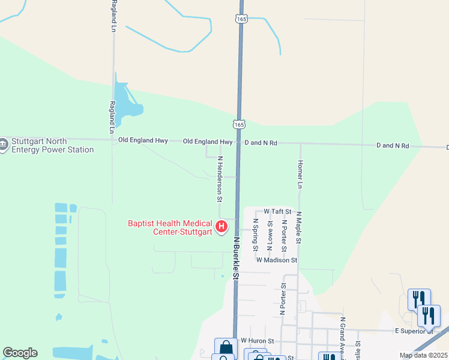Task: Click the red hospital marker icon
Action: pos(221,226)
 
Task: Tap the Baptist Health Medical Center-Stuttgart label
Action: pos(170,228)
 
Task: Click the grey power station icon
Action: pos(3,145)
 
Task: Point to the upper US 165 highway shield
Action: pos(241,19)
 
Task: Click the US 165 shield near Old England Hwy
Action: pos(238,124)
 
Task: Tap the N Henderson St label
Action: pos(220,179)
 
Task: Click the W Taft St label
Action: pos(277,212)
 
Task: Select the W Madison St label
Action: pos(277,260)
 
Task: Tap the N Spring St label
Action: pos(256,234)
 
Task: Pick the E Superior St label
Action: pos(413,331)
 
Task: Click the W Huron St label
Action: pos(257,340)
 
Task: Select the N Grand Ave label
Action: pos(343,336)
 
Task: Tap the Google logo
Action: pos(20,353)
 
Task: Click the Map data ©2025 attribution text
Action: pos(423,355)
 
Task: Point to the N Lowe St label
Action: pos(270,233)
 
